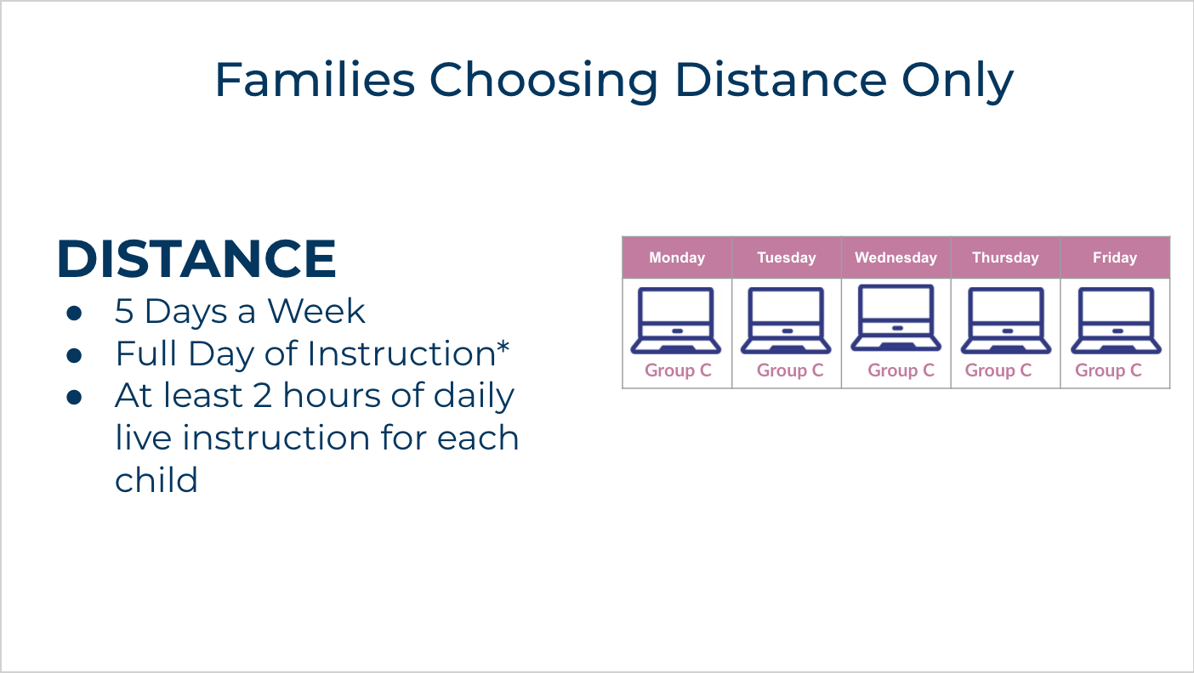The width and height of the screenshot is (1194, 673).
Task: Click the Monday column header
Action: tap(677, 257)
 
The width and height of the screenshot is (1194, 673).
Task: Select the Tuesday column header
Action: tap(787, 257)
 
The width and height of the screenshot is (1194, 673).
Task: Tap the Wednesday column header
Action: tap(895, 257)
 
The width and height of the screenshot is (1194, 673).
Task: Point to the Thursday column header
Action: tap(1005, 257)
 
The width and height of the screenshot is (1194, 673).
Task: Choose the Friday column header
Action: tap(1115, 257)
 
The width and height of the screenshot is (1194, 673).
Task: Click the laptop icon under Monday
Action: tap(676, 321)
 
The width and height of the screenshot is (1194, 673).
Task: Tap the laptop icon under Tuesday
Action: tap(786, 321)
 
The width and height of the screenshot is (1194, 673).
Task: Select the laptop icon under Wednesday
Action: tap(895, 318)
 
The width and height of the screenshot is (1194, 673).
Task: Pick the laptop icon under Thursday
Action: tap(1006, 321)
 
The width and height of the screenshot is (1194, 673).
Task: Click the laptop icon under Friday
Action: tap(1116, 321)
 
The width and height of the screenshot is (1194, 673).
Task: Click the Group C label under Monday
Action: tap(678, 370)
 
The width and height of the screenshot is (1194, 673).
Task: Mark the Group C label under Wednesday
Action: tap(901, 370)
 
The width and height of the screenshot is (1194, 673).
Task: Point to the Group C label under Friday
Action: tap(1108, 370)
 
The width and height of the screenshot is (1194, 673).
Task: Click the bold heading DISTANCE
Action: tap(196, 259)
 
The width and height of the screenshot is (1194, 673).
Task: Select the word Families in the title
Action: tap(314, 80)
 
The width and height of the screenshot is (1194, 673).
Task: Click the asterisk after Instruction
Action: tap(503, 348)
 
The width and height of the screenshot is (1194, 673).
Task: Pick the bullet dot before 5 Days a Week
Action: tap(74, 313)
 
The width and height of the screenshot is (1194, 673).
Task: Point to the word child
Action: tap(156, 480)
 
